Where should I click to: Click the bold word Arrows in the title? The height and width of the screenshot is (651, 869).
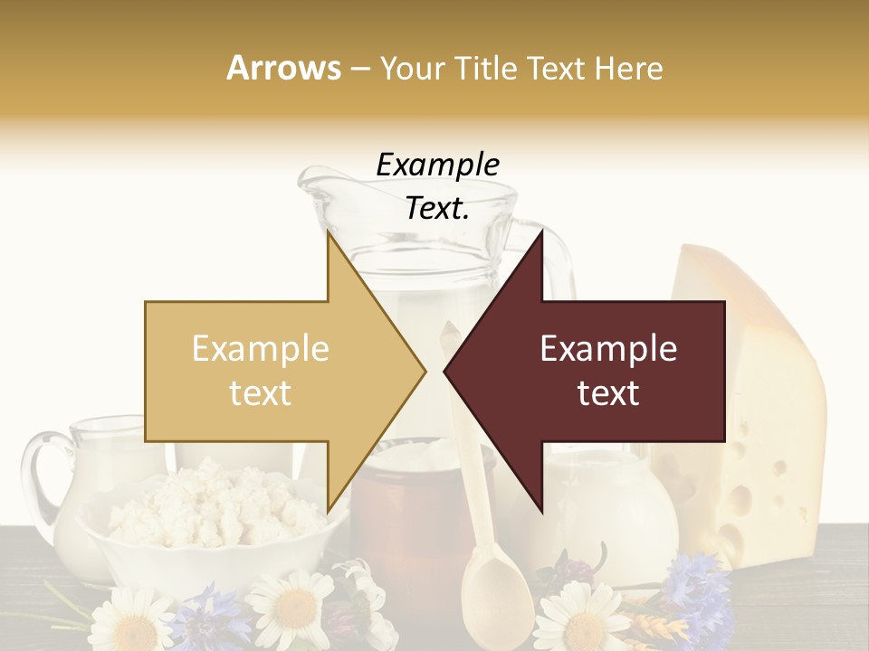284,68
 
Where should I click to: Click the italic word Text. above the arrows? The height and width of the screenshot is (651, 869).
437,208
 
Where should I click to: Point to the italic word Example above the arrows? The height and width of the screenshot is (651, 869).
437,165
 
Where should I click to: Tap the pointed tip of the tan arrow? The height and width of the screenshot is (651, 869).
423,371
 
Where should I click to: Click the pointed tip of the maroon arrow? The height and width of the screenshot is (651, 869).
447,371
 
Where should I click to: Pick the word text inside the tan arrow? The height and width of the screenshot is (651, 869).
260,393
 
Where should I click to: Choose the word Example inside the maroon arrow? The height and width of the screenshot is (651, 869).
608,349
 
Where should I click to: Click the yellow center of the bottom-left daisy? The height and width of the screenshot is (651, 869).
131,628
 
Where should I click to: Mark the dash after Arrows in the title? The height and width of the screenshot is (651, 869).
359,69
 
